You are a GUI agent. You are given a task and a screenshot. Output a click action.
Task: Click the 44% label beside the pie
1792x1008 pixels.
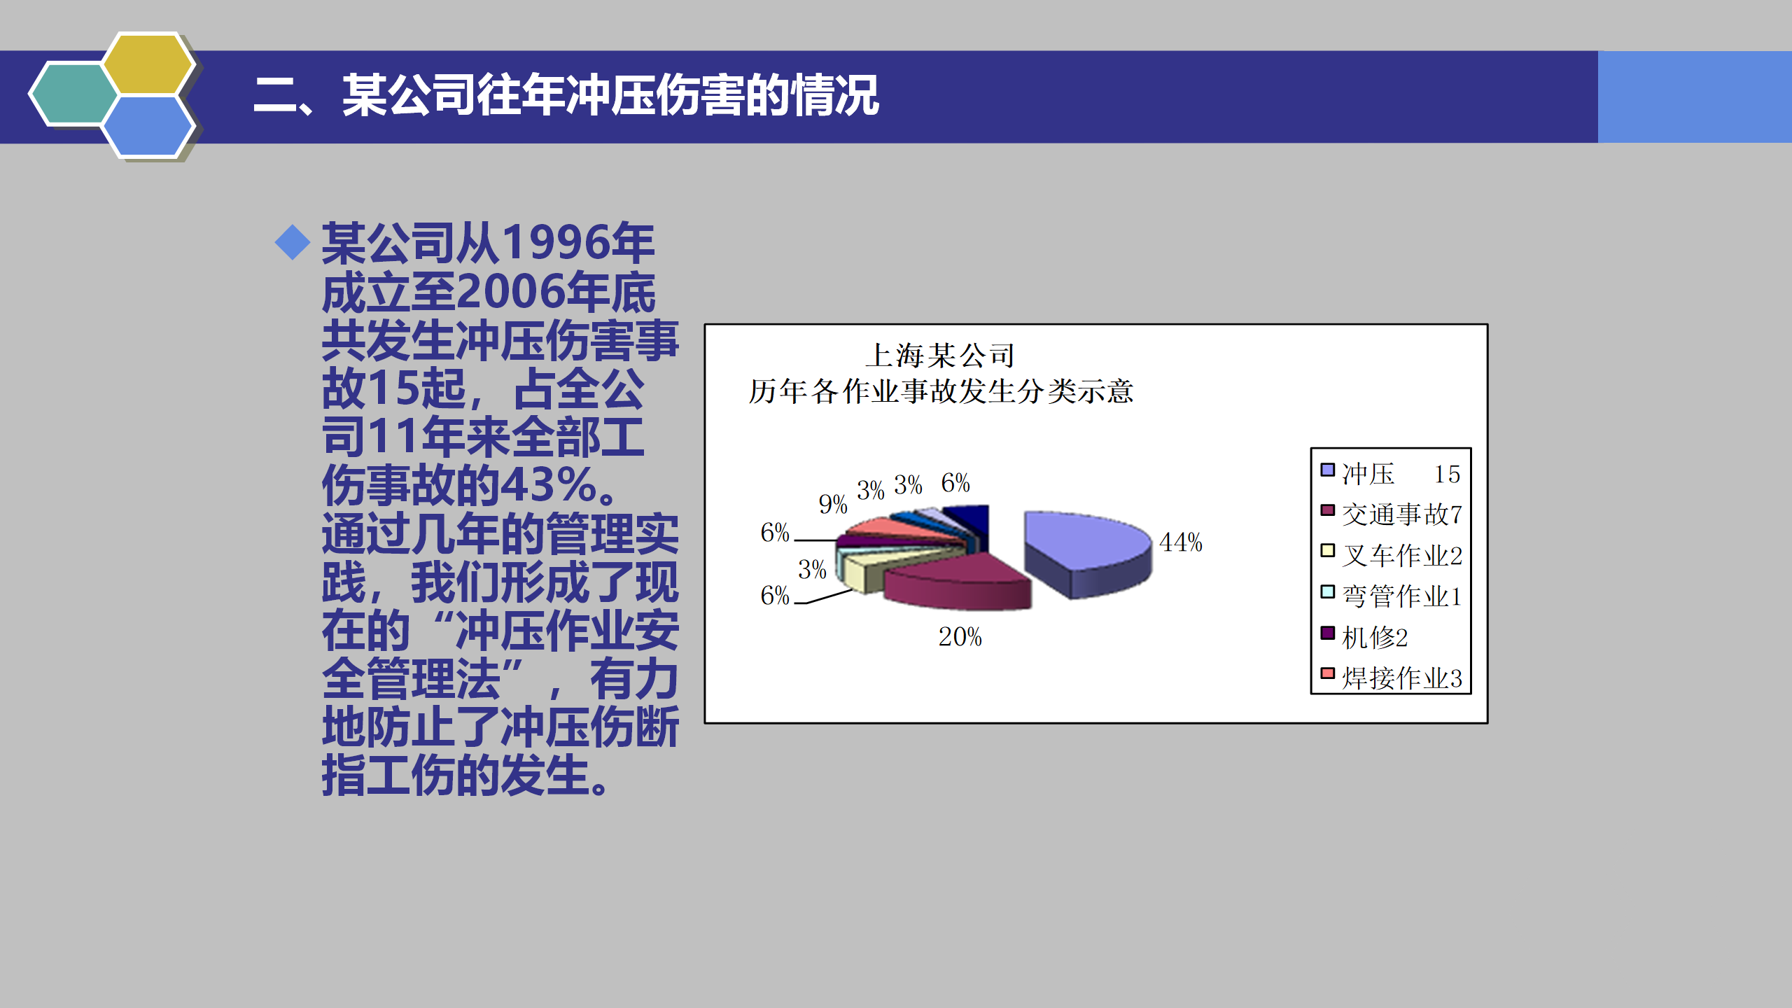click(1180, 542)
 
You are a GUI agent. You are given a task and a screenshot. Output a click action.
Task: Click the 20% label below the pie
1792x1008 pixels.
click(960, 637)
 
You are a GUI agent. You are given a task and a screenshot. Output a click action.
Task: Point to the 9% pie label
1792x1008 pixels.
click(832, 504)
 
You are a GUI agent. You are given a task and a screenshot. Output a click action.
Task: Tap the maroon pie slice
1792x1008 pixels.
click(959, 581)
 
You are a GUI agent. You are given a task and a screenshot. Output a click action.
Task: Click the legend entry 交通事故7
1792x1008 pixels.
click(1392, 514)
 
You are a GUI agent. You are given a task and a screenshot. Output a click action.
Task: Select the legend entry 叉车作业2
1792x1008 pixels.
click(1392, 555)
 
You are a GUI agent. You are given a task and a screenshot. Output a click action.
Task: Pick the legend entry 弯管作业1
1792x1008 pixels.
click(1392, 596)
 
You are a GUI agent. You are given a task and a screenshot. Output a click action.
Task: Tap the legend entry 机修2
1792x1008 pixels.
click(1364, 637)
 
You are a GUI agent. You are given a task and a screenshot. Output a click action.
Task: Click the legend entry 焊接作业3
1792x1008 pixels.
click(1392, 678)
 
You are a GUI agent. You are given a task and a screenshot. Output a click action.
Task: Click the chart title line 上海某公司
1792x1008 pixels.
click(939, 356)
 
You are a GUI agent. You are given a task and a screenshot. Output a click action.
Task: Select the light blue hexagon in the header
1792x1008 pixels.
click(148, 126)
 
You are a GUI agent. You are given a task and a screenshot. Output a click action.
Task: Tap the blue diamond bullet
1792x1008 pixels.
click(293, 243)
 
